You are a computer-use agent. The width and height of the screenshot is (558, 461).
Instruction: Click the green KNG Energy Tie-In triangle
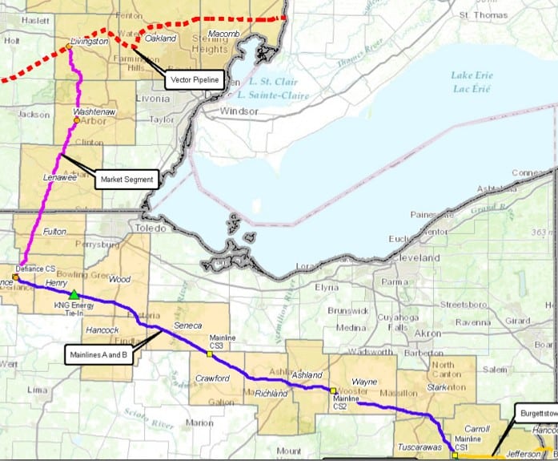(x=74, y=294)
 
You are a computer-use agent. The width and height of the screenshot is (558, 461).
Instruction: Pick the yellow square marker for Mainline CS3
(x=210, y=353)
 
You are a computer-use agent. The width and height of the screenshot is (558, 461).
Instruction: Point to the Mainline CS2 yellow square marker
(x=333, y=390)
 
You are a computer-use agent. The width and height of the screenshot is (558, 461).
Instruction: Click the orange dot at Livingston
(x=70, y=47)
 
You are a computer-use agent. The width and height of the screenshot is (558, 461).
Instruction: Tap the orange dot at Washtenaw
(x=77, y=120)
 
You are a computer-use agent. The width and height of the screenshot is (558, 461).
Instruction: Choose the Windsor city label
(x=216, y=111)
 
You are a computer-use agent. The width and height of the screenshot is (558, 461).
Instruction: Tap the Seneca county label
(x=189, y=326)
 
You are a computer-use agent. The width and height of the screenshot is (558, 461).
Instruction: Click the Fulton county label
(x=54, y=231)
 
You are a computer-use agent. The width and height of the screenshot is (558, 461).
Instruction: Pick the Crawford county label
(x=212, y=378)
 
